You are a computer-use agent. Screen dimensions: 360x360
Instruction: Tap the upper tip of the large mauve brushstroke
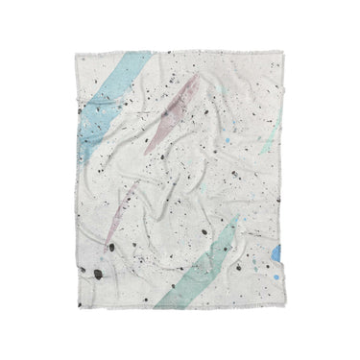point(199,79)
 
